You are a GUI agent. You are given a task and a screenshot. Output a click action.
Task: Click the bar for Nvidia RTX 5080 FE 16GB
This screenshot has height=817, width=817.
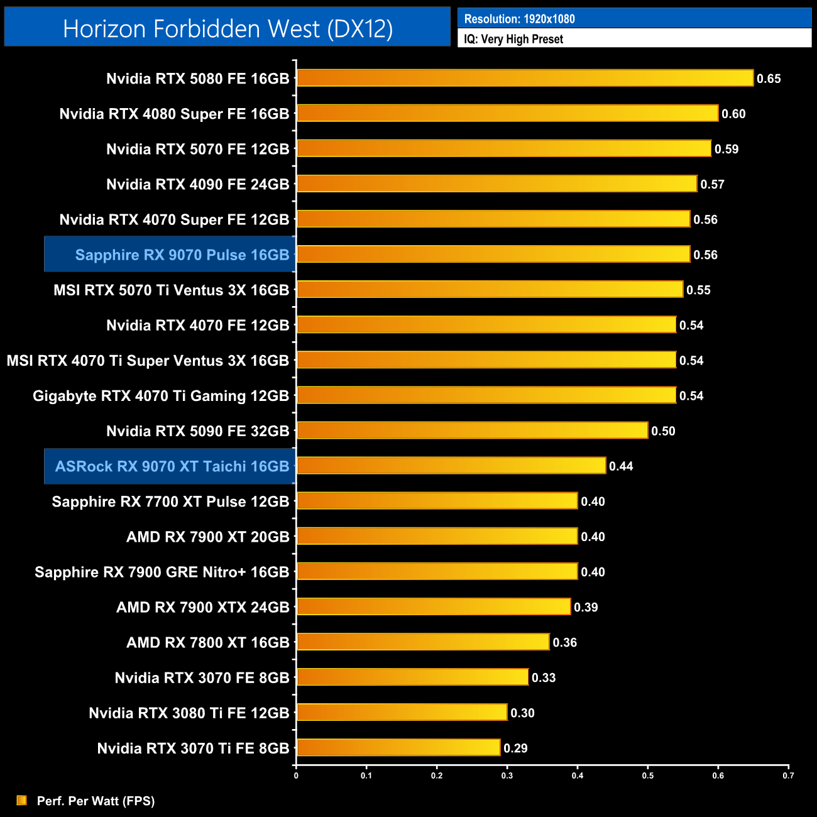tap(525, 78)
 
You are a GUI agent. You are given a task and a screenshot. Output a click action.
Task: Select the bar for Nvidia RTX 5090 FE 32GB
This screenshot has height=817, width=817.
tap(472, 430)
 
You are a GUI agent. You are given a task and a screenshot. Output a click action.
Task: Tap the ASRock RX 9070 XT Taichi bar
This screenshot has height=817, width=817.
tap(451, 466)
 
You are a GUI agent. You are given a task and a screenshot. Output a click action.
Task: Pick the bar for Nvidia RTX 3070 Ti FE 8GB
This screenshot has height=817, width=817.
tap(398, 748)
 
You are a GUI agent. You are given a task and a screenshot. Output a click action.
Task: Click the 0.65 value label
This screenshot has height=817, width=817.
tap(769, 79)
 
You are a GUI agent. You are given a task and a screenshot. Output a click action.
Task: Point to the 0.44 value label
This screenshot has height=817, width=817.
tap(621, 466)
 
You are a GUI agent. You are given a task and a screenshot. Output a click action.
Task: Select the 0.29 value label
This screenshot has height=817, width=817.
tap(515, 748)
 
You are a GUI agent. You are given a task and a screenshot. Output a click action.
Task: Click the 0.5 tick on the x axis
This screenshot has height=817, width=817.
tap(647, 776)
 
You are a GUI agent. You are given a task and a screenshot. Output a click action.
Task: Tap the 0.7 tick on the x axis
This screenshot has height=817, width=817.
tap(788, 776)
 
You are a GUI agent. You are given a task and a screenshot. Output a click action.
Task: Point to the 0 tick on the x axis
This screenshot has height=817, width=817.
tap(296, 776)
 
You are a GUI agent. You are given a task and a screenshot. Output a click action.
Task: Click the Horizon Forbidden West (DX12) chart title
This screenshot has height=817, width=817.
tap(228, 28)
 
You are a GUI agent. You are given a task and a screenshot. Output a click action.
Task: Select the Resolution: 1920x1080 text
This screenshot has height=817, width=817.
tap(519, 19)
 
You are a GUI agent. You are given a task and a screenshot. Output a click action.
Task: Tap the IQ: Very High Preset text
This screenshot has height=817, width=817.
tap(513, 39)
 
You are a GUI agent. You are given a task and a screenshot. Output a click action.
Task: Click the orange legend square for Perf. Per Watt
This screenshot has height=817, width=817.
tap(22, 800)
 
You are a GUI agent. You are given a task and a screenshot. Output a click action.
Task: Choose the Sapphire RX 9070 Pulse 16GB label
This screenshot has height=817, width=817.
tap(182, 255)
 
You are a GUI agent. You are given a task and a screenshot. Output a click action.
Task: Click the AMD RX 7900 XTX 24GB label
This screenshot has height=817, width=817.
tap(202, 607)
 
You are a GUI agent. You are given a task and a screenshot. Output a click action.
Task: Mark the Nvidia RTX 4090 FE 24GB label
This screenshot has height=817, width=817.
tap(197, 184)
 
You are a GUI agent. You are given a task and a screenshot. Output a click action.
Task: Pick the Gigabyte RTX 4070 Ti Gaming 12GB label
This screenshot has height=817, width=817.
tap(161, 396)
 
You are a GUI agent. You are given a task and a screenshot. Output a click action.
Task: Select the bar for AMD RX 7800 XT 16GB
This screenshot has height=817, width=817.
tap(423, 642)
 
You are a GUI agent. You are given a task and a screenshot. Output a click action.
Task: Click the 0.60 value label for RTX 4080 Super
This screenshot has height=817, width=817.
tap(733, 114)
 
